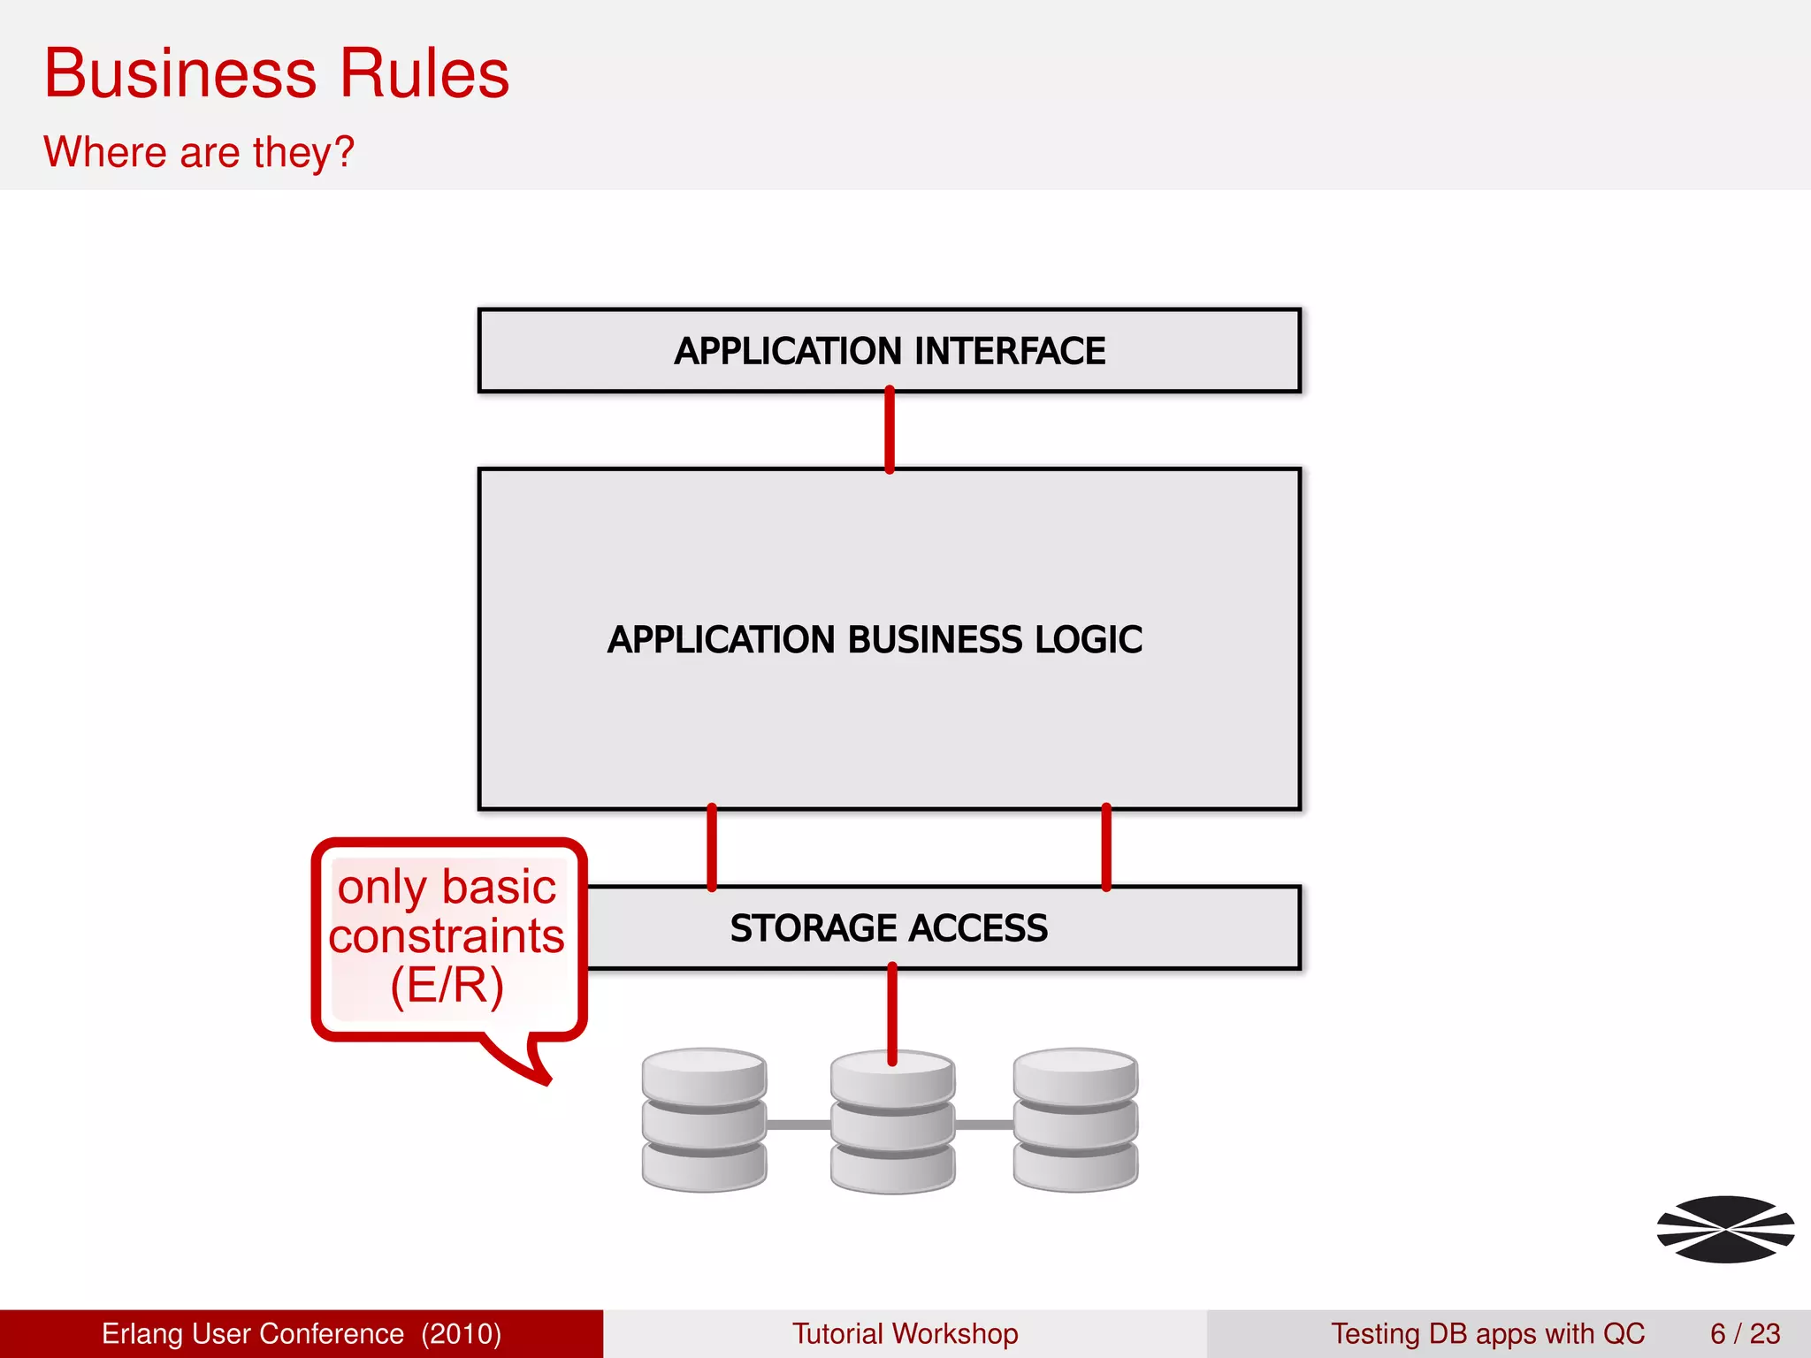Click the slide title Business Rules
pos(277,74)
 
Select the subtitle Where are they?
pos(199,152)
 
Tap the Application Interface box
pos(889,351)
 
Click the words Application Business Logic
pos(875,640)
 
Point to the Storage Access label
pos(889,928)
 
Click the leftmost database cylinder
pos(704,1119)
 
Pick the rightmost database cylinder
pos(1075,1119)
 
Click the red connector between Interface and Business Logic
pos(890,431)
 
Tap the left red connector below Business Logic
pos(712,847)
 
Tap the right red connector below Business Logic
pos(1106,847)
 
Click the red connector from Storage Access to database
pos(892,1012)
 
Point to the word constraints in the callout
pos(447,936)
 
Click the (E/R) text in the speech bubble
pos(447,985)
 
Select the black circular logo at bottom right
pos(1725,1229)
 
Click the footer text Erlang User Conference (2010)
pos(302,1333)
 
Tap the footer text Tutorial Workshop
pos(905,1333)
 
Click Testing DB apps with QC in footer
pos(1487,1333)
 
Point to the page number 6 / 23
pos(1745,1333)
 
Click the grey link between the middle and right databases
pos(984,1125)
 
